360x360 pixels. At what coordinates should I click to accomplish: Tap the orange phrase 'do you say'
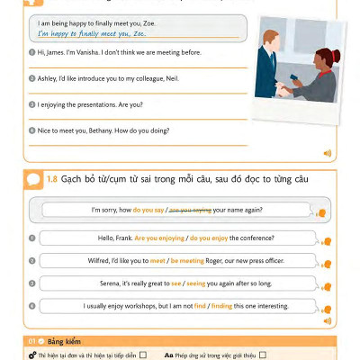pyautogui.click(x=148, y=210)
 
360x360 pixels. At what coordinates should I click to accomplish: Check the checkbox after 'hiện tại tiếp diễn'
pyautogui.click(x=142, y=355)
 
